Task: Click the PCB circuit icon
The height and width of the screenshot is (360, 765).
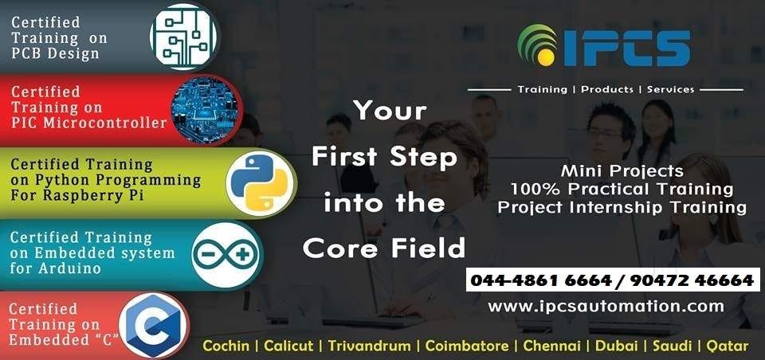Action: pos(184,37)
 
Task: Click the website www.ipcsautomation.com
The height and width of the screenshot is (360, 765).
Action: pos(605,306)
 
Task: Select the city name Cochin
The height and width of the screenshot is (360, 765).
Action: pos(226,346)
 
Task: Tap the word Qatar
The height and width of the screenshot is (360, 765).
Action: pos(726,346)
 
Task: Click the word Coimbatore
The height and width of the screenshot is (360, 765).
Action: pos(468,346)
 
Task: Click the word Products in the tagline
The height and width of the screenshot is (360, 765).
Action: pos(606,89)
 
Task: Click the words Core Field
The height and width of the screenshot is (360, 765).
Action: pos(384,248)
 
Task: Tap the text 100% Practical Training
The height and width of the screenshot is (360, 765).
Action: pos(622,190)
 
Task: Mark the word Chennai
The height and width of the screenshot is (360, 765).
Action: pos(553,346)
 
